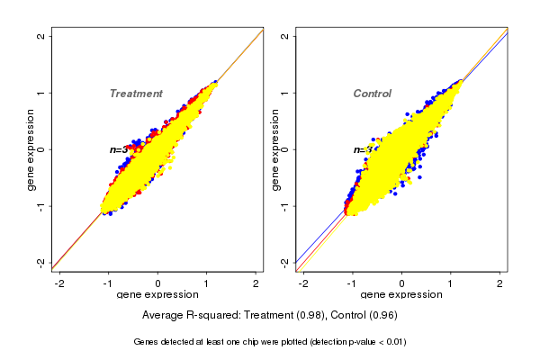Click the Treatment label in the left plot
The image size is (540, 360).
[x=136, y=94]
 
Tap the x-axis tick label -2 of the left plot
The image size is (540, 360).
[x=59, y=283]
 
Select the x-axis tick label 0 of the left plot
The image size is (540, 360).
[x=158, y=283]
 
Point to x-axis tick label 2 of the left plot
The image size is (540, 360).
[x=257, y=283]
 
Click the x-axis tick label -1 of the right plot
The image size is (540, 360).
[x=352, y=283]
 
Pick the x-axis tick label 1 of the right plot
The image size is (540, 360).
[x=451, y=283]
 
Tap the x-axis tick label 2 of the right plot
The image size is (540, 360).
[x=500, y=283]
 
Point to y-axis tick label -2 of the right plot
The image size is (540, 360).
[x=285, y=262]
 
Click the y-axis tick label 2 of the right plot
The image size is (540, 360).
[x=285, y=37]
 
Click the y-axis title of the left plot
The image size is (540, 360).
[x=31, y=149]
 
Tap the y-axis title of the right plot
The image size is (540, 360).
[x=274, y=149]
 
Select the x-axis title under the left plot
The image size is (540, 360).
[x=158, y=295]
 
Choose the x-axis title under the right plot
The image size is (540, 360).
[x=401, y=295]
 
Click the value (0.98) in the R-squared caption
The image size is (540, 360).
[x=310, y=316]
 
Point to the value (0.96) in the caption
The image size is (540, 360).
[x=382, y=316]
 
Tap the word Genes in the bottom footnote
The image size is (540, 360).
[x=146, y=342]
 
